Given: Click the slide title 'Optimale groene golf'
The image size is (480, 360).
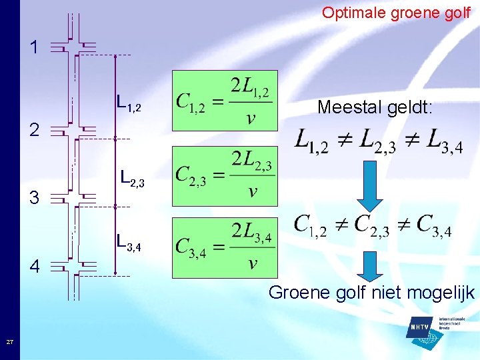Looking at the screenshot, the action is (396, 13).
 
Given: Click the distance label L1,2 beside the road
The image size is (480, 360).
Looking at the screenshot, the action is (128, 103).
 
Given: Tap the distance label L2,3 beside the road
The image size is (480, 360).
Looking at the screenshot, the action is (132, 178).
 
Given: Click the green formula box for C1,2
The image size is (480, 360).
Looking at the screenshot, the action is (225, 101).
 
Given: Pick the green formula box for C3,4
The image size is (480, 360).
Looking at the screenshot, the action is (225, 247).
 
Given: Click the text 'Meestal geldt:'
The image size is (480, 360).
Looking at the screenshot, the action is (375, 107).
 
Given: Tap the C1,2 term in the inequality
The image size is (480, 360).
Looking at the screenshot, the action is (310, 226).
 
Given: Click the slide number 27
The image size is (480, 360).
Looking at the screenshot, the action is (9, 342).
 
